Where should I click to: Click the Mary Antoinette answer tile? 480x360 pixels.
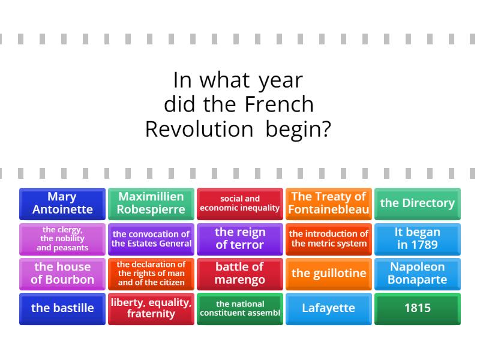click(x=62, y=203)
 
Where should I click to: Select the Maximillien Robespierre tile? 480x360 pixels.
click(x=151, y=203)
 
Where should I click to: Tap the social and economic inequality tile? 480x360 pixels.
click(x=240, y=203)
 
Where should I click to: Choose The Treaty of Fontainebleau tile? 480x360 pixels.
click(x=328, y=203)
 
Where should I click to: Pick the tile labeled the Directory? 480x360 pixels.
click(x=417, y=203)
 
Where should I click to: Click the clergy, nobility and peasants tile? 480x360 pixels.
click(x=62, y=238)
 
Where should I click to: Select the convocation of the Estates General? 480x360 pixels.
click(x=151, y=238)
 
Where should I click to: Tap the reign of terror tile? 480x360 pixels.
click(x=240, y=238)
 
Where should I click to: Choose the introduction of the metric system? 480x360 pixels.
click(x=328, y=238)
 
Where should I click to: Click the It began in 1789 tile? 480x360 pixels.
click(x=417, y=238)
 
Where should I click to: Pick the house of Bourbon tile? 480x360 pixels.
click(x=62, y=273)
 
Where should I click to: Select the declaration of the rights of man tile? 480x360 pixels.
click(x=151, y=273)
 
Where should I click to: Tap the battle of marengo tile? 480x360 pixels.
click(x=240, y=273)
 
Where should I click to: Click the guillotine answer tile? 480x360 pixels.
click(x=328, y=273)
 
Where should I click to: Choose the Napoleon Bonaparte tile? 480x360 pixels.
click(x=417, y=273)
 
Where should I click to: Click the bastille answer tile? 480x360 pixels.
click(x=62, y=308)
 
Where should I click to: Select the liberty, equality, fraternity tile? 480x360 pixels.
click(x=151, y=308)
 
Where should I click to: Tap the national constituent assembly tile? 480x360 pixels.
click(x=240, y=308)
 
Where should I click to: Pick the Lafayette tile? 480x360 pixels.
click(x=328, y=308)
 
